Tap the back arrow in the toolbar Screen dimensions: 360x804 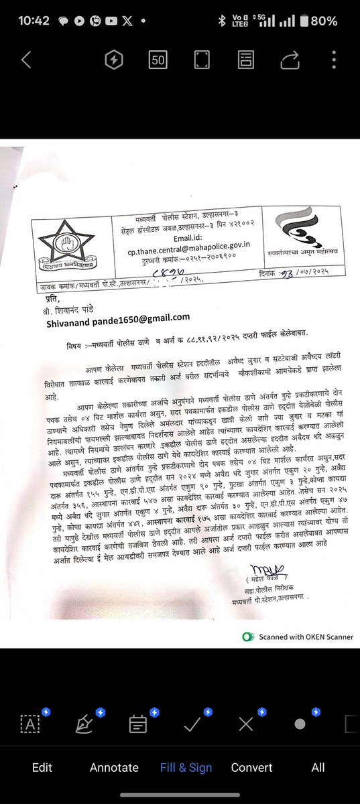pyautogui.click(x=26, y=60)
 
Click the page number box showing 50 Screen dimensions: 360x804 pyautogui.click(x=158, y=60)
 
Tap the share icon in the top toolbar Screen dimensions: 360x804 pyautogui.click(x=290, y=60)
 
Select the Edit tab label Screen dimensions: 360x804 pyautogui.click(x=42, y=767)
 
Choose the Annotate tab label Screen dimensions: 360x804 pyautogui.click(x=114, y=767)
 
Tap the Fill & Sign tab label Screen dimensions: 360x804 pyautogui.click(x=186, y=767)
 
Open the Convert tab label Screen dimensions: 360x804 pyautogui.click(x=251, y=767)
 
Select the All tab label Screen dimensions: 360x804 pyautogui.click(x=318, y=767)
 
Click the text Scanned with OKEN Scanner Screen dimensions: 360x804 pyautogui.click(x=304, y=636)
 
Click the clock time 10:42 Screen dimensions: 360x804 pyautogui.click(x=34, y=21)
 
